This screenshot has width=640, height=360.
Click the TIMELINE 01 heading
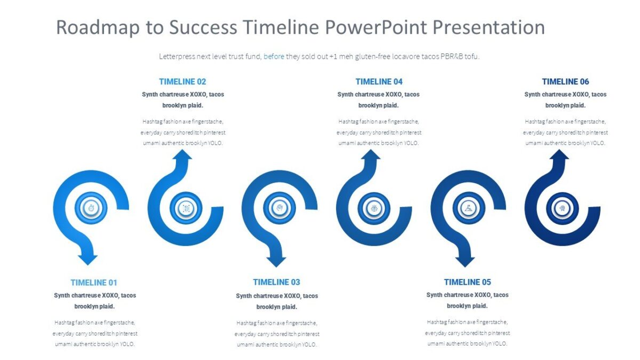[x=94, y=283]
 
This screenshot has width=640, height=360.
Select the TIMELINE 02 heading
[x=182, y=82]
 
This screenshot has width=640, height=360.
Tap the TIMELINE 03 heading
[x=276, y=282]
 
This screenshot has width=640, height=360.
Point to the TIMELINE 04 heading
[x=379, y=82]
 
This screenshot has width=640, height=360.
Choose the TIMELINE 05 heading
[x=467, y=282]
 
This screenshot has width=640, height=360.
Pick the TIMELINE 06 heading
[x=565, y=82]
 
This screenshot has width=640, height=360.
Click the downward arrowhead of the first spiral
[x=88, y=259]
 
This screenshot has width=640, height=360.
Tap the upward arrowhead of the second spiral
[x=182, y=155]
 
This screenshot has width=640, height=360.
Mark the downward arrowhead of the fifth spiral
[x=465, y=260]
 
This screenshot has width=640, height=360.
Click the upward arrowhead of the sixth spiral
[x=559, y=155]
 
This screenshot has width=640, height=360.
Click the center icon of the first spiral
[x=91, y=207]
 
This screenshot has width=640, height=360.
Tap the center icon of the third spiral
[x=279, y=207]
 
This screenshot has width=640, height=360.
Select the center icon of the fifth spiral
[x=468, y=207]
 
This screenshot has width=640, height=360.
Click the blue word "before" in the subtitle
[x=274, y=57]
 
